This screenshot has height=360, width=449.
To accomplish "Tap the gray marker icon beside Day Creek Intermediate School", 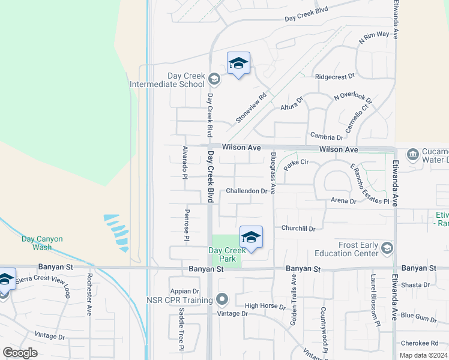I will tap(214, 78).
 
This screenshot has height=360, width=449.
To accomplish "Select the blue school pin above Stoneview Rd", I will tap(238, 64).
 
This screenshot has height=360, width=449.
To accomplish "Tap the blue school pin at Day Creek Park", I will tap(251, 238).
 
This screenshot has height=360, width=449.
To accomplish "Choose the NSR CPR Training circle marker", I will tap(223, 299).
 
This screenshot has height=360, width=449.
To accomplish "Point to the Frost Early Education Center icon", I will tap(387, 248).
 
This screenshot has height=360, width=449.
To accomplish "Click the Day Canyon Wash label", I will tap(42, 242).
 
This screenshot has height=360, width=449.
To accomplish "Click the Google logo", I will tap(20, 352).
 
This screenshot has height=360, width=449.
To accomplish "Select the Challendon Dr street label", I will tap(247, 191).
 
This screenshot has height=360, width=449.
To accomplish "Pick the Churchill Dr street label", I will tap(298, 228).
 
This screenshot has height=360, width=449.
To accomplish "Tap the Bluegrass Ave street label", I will tap(273, 173).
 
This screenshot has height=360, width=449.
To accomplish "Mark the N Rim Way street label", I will tap(374, 37).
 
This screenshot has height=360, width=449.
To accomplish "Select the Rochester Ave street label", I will tap(89, 295).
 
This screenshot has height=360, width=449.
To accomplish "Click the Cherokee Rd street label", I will tap(418, 343).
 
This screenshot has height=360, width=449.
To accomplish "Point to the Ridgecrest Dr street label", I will tap(335, 77).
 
